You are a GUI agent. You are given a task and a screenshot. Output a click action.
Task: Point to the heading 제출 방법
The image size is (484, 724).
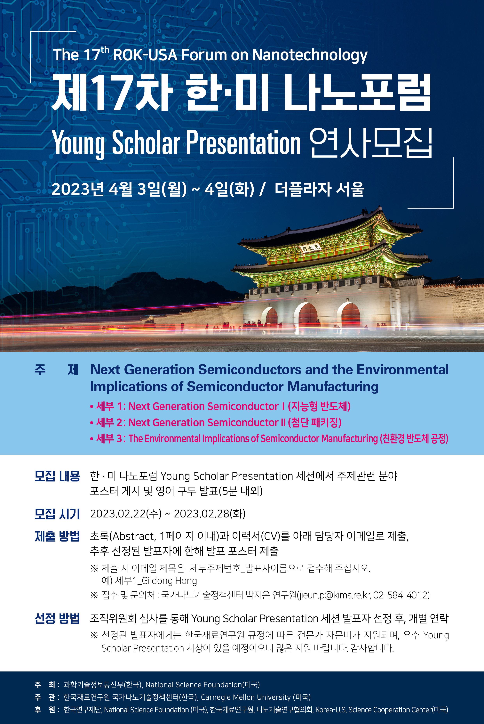pyautogui.click(x=57, y=536)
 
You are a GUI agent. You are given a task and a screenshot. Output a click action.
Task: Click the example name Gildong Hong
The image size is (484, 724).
pyautogui.click(x=169, y=581)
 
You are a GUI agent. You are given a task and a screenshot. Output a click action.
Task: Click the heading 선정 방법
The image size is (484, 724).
pyautogui.click(x=57, y=619)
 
